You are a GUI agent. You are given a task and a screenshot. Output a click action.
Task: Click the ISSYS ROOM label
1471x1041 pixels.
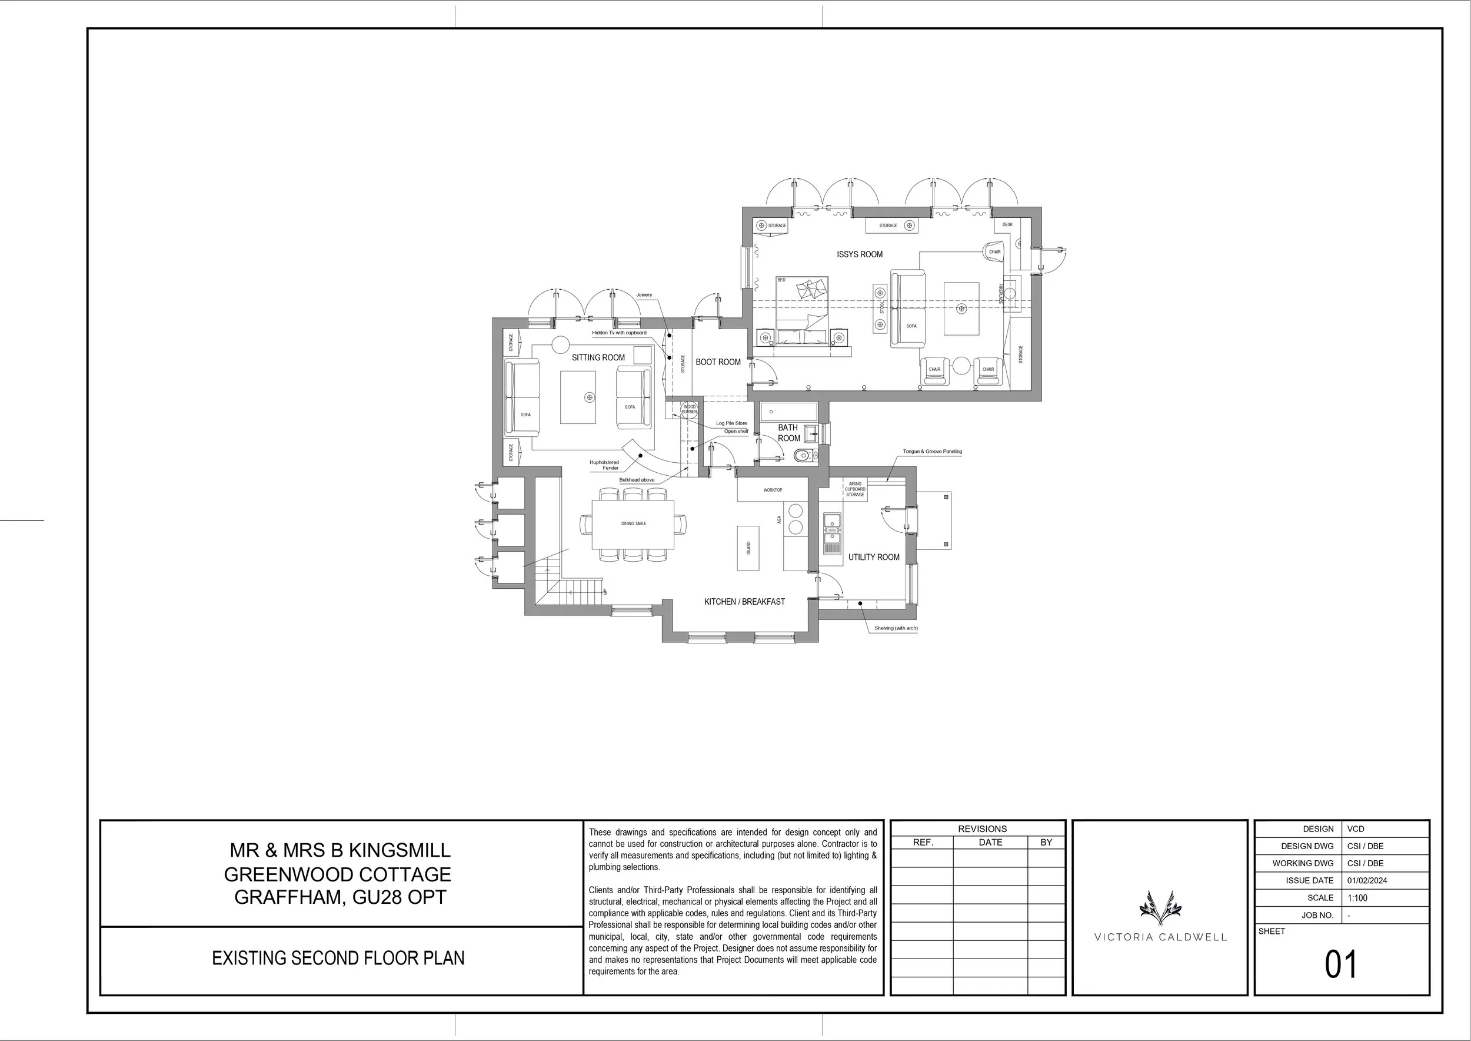(x=859, y=254)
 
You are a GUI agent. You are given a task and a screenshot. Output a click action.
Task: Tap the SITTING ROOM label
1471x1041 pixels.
(x=598, y=357)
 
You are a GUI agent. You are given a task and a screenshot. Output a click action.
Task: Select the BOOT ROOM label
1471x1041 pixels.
(x=718, y=362)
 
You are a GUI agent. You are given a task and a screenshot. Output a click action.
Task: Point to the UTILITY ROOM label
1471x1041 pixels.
(x=873, y=557)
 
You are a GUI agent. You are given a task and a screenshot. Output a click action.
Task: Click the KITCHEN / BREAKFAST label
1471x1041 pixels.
(x=744, y=602)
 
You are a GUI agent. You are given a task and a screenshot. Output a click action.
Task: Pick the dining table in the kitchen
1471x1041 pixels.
(x=633, y=523)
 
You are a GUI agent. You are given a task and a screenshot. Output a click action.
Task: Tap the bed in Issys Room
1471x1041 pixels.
(x=802, y=311)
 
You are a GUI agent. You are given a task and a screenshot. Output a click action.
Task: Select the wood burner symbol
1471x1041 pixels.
(x=689, y=409)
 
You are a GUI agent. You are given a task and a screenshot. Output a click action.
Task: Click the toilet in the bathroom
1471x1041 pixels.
(x=803, y=456)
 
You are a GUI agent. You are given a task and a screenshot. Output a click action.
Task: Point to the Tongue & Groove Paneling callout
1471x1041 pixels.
(x=932, y=451)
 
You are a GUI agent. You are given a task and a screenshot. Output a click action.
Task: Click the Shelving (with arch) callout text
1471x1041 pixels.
(x=896, y=628)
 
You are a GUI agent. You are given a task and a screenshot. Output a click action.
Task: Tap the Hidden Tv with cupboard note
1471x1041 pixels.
(x=619, y=333)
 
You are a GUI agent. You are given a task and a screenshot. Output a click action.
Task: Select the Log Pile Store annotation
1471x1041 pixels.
(x=731, y=423)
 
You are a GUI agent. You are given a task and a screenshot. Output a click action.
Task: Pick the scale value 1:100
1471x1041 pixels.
(x=1357, y=898)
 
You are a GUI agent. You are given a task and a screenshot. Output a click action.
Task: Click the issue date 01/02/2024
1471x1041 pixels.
(x=1367, y=881)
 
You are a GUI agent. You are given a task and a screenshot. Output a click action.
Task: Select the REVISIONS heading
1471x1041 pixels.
(x=982, y=829)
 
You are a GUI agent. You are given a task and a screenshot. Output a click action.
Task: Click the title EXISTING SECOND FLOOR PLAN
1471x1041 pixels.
(x=338, y=959)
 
